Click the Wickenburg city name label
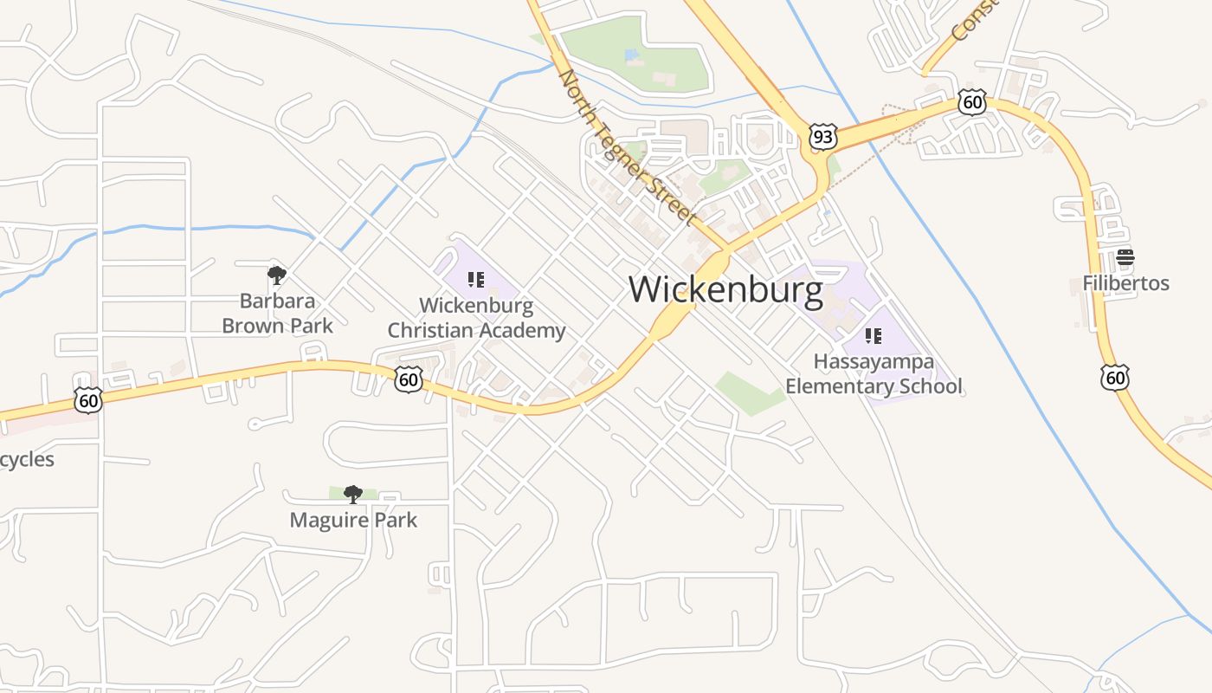pyautogui.click(x=725, y=289)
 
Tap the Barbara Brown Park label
pyautogui.click(x=277, y=314)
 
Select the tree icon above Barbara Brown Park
pyautogui.click(x=277, y=275)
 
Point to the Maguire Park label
pyautogui.click(x=353, y=520)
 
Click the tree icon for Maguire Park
pyautogui.click(x=352, y=495)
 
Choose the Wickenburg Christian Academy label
pyautogui.click(x=476, y=318)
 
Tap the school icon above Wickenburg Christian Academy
pyautogui.click(x=475, y=279)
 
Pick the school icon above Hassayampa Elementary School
pyautogui.click(x=874, y=335)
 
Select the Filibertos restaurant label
pyautogui.click(x=1125, y=283)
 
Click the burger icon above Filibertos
pyautogui.click(x=1125, y=256)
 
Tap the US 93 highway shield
pyautogui.click(x=823, y=136)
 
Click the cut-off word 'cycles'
pyautogui.click(x=26, y=459)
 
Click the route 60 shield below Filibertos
pyautogui.click(x=1115, y=377)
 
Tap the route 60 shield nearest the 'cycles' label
pyautogui.click(x=88, y=400)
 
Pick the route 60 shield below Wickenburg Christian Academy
pyautogui.click(x=409, y=379)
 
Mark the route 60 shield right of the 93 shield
pyautogui.click(x=972, y=103)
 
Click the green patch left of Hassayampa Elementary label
pyautogui.click(x=748, y=393)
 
